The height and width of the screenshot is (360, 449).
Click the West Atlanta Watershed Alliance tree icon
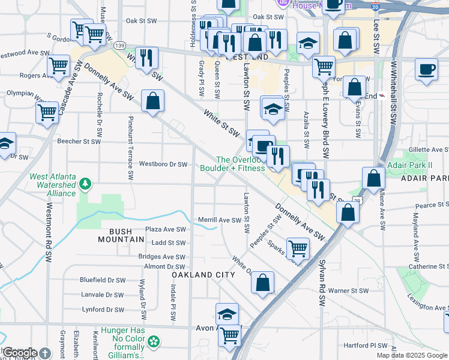point(86,183)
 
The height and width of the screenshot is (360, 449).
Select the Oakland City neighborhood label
point(203,274)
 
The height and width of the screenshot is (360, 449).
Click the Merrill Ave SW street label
point(219,220)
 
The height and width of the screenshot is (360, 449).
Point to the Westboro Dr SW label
point(163,164)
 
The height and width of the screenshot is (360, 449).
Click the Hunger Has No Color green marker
point(155,342)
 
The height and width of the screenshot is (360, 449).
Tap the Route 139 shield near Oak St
point(120,45)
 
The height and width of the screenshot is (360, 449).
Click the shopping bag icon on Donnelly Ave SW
point(153,101)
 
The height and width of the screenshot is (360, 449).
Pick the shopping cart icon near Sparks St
point(297,248)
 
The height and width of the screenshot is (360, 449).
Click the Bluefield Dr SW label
point(103,280)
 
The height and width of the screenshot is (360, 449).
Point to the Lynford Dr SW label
point(103,310)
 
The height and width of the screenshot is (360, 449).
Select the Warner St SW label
point(351,291)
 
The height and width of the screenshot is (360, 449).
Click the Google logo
point(20,353)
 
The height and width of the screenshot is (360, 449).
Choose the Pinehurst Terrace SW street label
point(130,150)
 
